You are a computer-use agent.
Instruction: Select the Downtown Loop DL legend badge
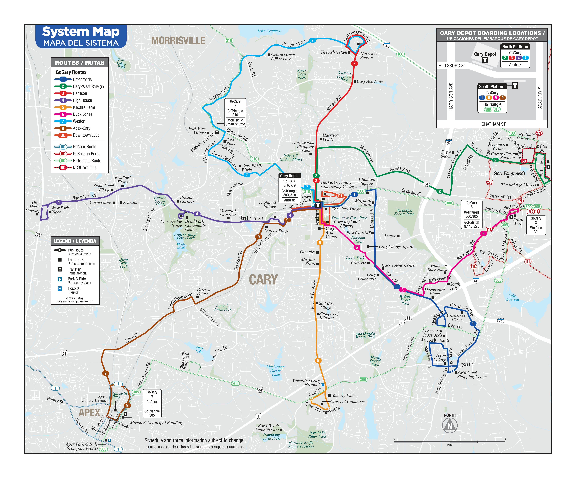click(x=63, y=135)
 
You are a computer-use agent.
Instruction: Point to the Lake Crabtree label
click(x=269, y=31)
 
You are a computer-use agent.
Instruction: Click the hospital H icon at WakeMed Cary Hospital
click(x=322, y=385)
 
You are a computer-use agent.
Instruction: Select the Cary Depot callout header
click(x=289, y=176)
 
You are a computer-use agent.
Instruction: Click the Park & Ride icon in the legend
click(x=60, y=279)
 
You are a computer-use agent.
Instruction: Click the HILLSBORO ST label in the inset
click(x=452, y=66)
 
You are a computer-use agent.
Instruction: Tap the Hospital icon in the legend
click(x=60, y=289)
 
